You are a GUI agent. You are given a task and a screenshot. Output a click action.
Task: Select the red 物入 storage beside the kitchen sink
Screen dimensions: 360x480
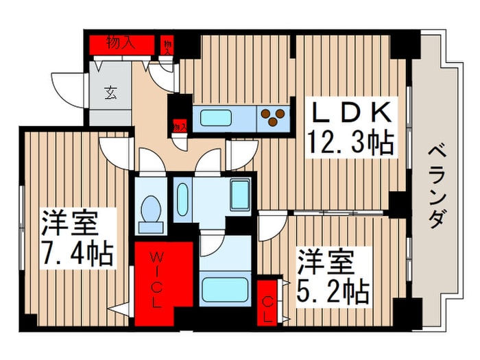(180, 126)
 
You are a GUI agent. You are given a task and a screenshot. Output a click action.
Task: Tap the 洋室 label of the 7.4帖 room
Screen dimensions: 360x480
(69, 224)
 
